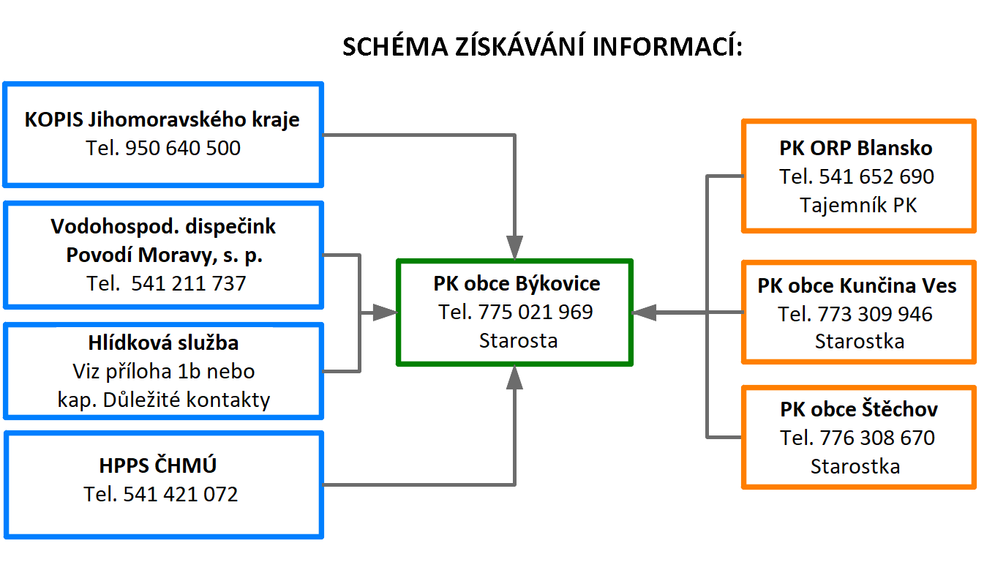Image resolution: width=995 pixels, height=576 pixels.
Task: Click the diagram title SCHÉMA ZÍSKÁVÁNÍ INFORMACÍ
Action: point(542,46)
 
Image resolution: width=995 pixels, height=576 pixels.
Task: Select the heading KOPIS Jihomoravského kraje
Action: point(162,119)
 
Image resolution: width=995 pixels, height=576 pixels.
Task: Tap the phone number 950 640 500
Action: point(183,148)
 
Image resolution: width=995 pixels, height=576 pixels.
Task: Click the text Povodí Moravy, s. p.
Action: point(165,255)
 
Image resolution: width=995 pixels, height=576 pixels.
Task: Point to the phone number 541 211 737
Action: point(188,283)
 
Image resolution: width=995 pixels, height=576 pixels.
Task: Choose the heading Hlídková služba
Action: point(163,343)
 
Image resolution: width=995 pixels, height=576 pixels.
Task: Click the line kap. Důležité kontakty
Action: point(163,400)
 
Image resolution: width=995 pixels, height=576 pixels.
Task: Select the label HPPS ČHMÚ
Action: point(158,465)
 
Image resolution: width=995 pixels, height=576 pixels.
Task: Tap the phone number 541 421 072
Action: point(180,494)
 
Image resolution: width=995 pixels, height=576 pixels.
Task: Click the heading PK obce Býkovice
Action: point(517,283)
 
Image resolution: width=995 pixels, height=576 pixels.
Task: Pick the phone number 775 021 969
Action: point(536,312)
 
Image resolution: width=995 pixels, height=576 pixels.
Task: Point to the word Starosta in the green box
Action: point(518,341)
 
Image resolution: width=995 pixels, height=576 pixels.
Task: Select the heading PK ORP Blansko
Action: point(856,148)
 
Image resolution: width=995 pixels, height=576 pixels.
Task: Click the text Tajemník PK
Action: point(858,206)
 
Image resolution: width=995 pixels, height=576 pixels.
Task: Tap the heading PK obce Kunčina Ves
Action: point(857,285)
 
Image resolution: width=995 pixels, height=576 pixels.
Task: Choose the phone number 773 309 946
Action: point(874,314)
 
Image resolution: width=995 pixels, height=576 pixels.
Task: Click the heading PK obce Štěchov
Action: point(859,409)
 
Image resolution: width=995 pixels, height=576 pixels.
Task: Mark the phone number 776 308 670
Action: point(877,438)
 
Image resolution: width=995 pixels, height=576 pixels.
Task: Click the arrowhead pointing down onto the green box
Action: point(514,247)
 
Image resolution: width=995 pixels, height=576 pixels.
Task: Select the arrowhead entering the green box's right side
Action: point(644,313)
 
